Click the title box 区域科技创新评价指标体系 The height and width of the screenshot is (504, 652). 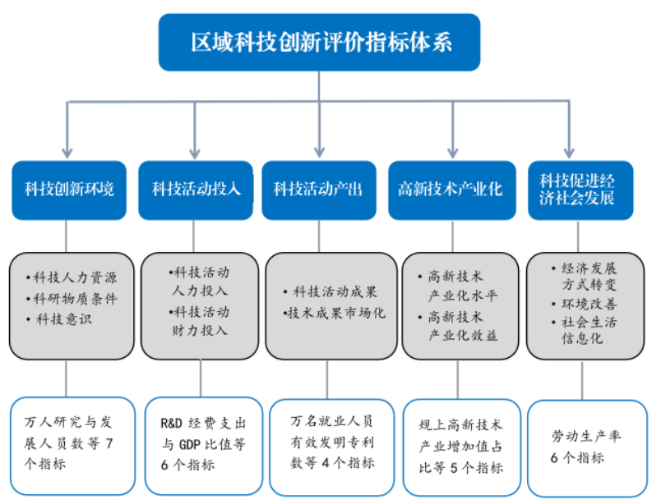(319, 42)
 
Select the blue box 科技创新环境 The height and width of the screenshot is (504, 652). (69, 190)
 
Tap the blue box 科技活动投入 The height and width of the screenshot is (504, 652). (196, 190)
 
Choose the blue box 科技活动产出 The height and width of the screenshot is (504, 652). (319, 190)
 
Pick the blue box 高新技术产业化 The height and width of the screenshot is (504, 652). (450, 190)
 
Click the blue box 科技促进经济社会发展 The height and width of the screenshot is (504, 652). (580, 190)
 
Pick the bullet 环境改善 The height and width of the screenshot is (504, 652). (584, 305)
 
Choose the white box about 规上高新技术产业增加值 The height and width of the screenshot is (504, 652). (461, 447)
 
